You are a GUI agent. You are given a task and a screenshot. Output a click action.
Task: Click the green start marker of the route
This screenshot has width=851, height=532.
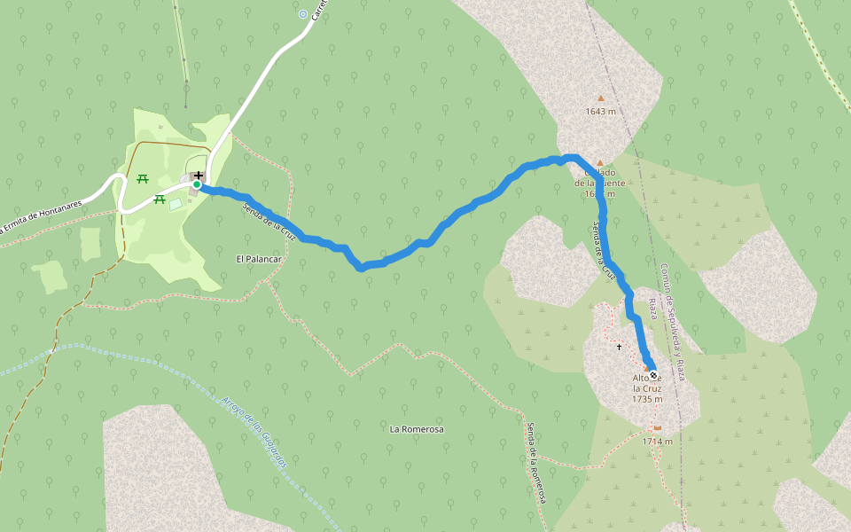coord(197,184)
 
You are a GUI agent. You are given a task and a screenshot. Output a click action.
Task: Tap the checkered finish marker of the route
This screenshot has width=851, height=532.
coord(652,375)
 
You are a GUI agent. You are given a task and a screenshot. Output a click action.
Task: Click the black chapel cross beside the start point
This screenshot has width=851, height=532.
coord(198,175)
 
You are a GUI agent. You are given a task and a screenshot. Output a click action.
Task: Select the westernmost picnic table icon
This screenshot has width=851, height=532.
coord(142,179)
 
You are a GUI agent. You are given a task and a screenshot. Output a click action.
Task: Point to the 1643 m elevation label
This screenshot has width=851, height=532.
coord(600,111)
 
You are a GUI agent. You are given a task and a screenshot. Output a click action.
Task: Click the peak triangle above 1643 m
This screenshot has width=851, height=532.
coord(600,98)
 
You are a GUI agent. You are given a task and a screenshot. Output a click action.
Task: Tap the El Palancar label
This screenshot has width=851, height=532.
coord(259,259)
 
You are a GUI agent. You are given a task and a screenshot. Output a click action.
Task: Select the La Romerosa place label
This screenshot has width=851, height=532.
coord(417,429)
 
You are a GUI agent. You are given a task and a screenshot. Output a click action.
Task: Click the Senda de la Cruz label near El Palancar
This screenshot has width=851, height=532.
coord(267,217)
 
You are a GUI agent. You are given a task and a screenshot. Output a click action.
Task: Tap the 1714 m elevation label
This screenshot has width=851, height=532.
coord(657,442)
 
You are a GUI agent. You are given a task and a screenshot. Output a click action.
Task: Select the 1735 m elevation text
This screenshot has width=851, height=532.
coord(647,400)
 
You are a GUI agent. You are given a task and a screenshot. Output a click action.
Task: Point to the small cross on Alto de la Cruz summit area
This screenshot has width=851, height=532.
coord(619,347)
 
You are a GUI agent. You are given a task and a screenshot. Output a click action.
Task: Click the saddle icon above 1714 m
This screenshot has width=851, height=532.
coord(657,428)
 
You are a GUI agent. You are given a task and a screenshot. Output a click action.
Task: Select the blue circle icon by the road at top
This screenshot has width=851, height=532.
coord(303,14)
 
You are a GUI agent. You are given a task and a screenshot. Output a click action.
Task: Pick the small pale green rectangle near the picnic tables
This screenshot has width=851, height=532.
coord(176,204)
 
